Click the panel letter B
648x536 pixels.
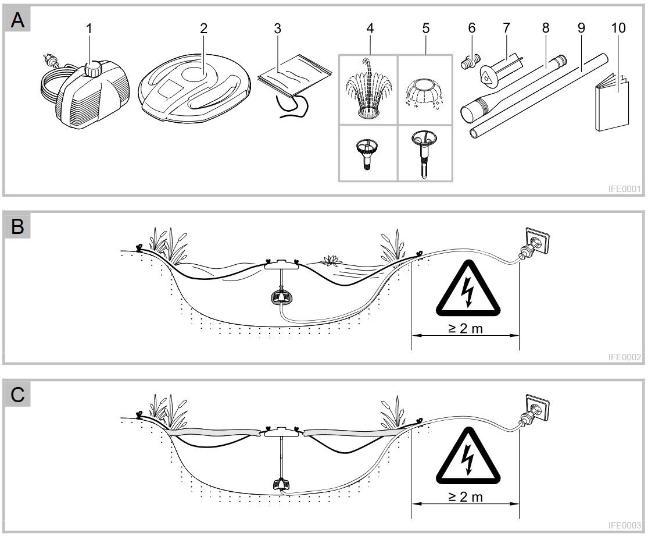18,226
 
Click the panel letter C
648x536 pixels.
18,395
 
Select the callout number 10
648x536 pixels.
618,28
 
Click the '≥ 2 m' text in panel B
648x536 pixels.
466,329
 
